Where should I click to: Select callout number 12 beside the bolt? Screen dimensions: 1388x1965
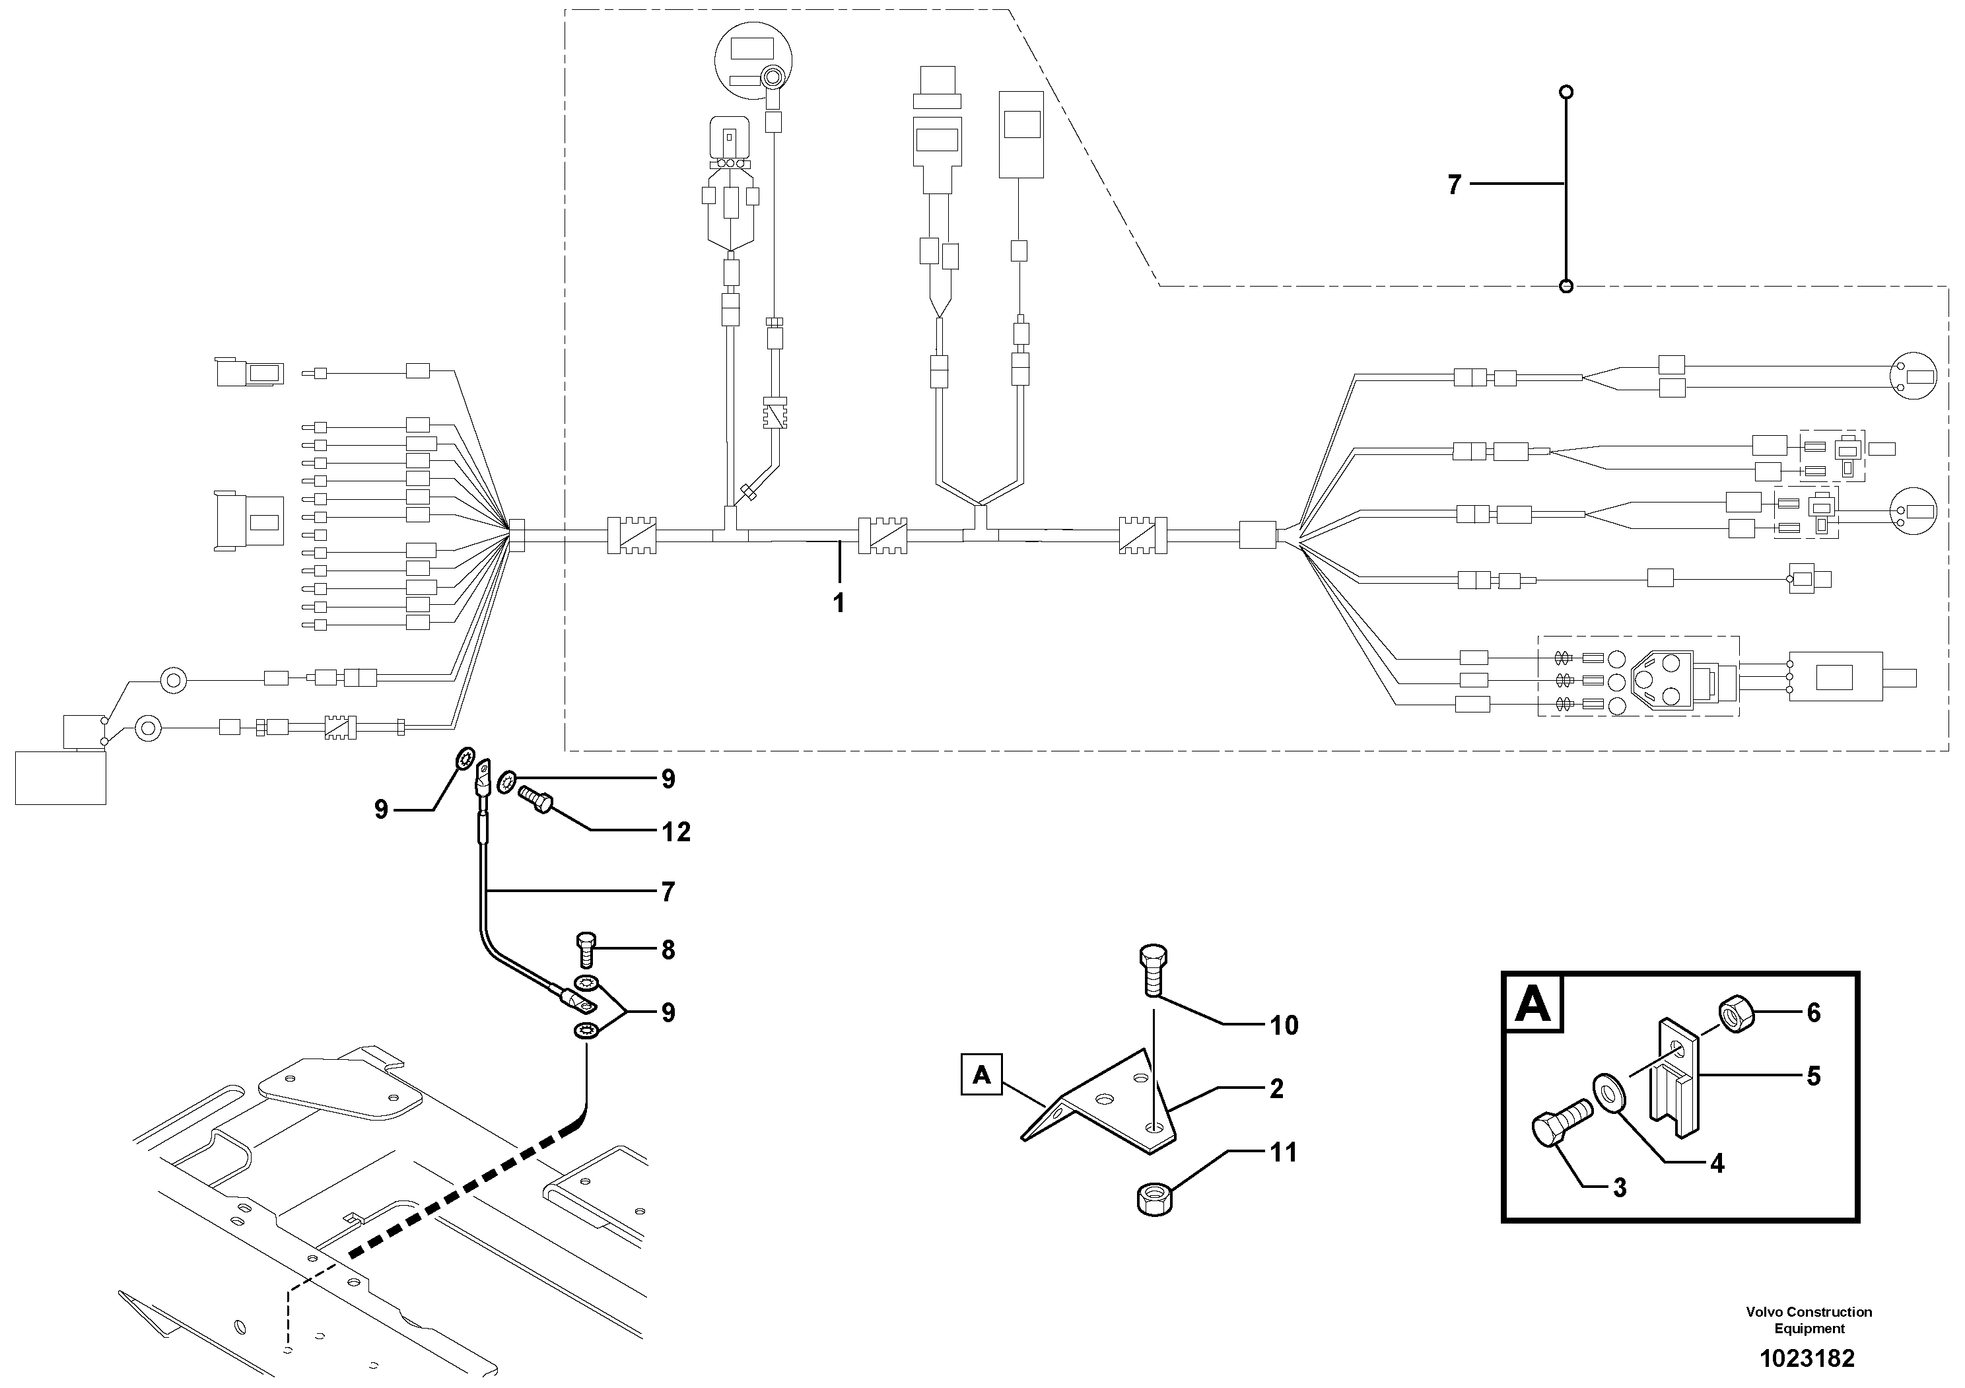[676, 832]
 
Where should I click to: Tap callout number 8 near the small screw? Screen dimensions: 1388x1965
[668, 950]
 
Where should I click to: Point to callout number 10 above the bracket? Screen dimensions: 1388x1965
[1284, 1025]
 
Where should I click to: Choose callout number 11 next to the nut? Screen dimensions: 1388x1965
[1283, 1153]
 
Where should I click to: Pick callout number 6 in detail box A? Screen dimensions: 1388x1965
[1814, 1013]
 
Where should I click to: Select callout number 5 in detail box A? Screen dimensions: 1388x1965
[1814, 1076]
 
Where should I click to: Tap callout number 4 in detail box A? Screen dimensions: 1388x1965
[1717, 1163]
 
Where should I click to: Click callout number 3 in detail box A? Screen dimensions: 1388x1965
[1619, 1188]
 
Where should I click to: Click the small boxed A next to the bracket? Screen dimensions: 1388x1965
[982, 1075]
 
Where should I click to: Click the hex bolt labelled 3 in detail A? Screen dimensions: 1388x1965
[1560, 1126]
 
